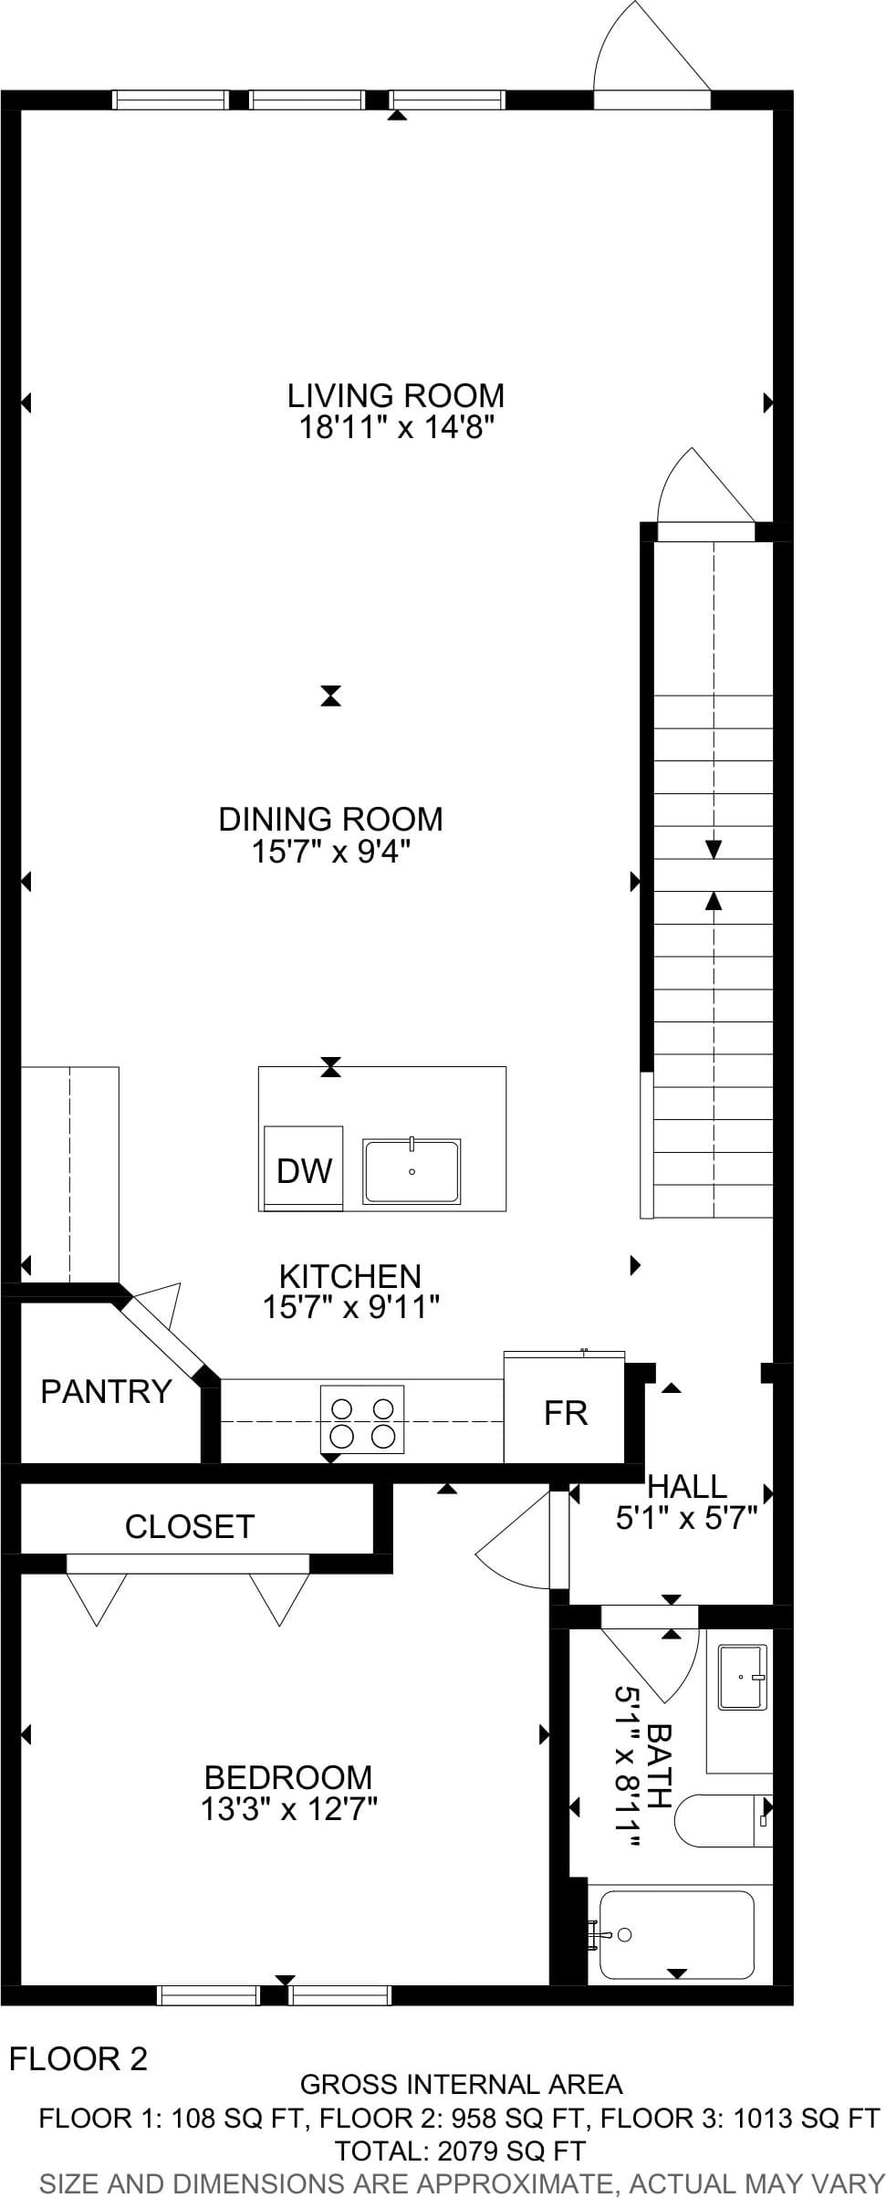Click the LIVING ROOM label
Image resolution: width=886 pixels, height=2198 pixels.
[396, 395]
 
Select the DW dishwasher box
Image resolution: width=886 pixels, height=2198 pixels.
[303, 1168]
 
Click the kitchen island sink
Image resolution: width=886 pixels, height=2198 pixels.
[412, 1170]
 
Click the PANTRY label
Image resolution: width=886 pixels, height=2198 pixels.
[106, 1390]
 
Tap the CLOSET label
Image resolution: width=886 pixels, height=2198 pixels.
[189, 1525]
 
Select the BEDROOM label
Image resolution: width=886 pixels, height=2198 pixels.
[288, 1777]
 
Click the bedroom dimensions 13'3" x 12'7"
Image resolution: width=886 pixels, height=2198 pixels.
[289, 1808]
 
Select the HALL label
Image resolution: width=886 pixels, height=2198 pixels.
[687, 1486]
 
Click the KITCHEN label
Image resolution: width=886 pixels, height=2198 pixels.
[350, 1275]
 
